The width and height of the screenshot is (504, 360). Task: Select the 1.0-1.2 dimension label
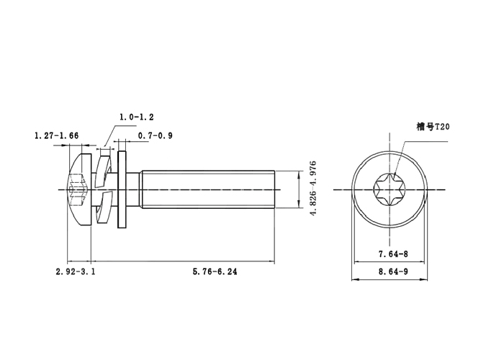pos(137,116)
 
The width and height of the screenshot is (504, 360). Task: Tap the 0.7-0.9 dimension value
pos(155,135)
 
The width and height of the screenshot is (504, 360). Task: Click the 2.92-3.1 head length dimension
pos(76,271)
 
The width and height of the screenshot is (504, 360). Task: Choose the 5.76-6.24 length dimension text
pos(215,271)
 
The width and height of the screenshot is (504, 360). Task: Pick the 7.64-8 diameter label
pos(393,253)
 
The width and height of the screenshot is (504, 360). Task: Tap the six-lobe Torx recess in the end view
pos(390,189)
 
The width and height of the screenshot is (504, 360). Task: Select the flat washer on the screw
pos(122,189)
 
